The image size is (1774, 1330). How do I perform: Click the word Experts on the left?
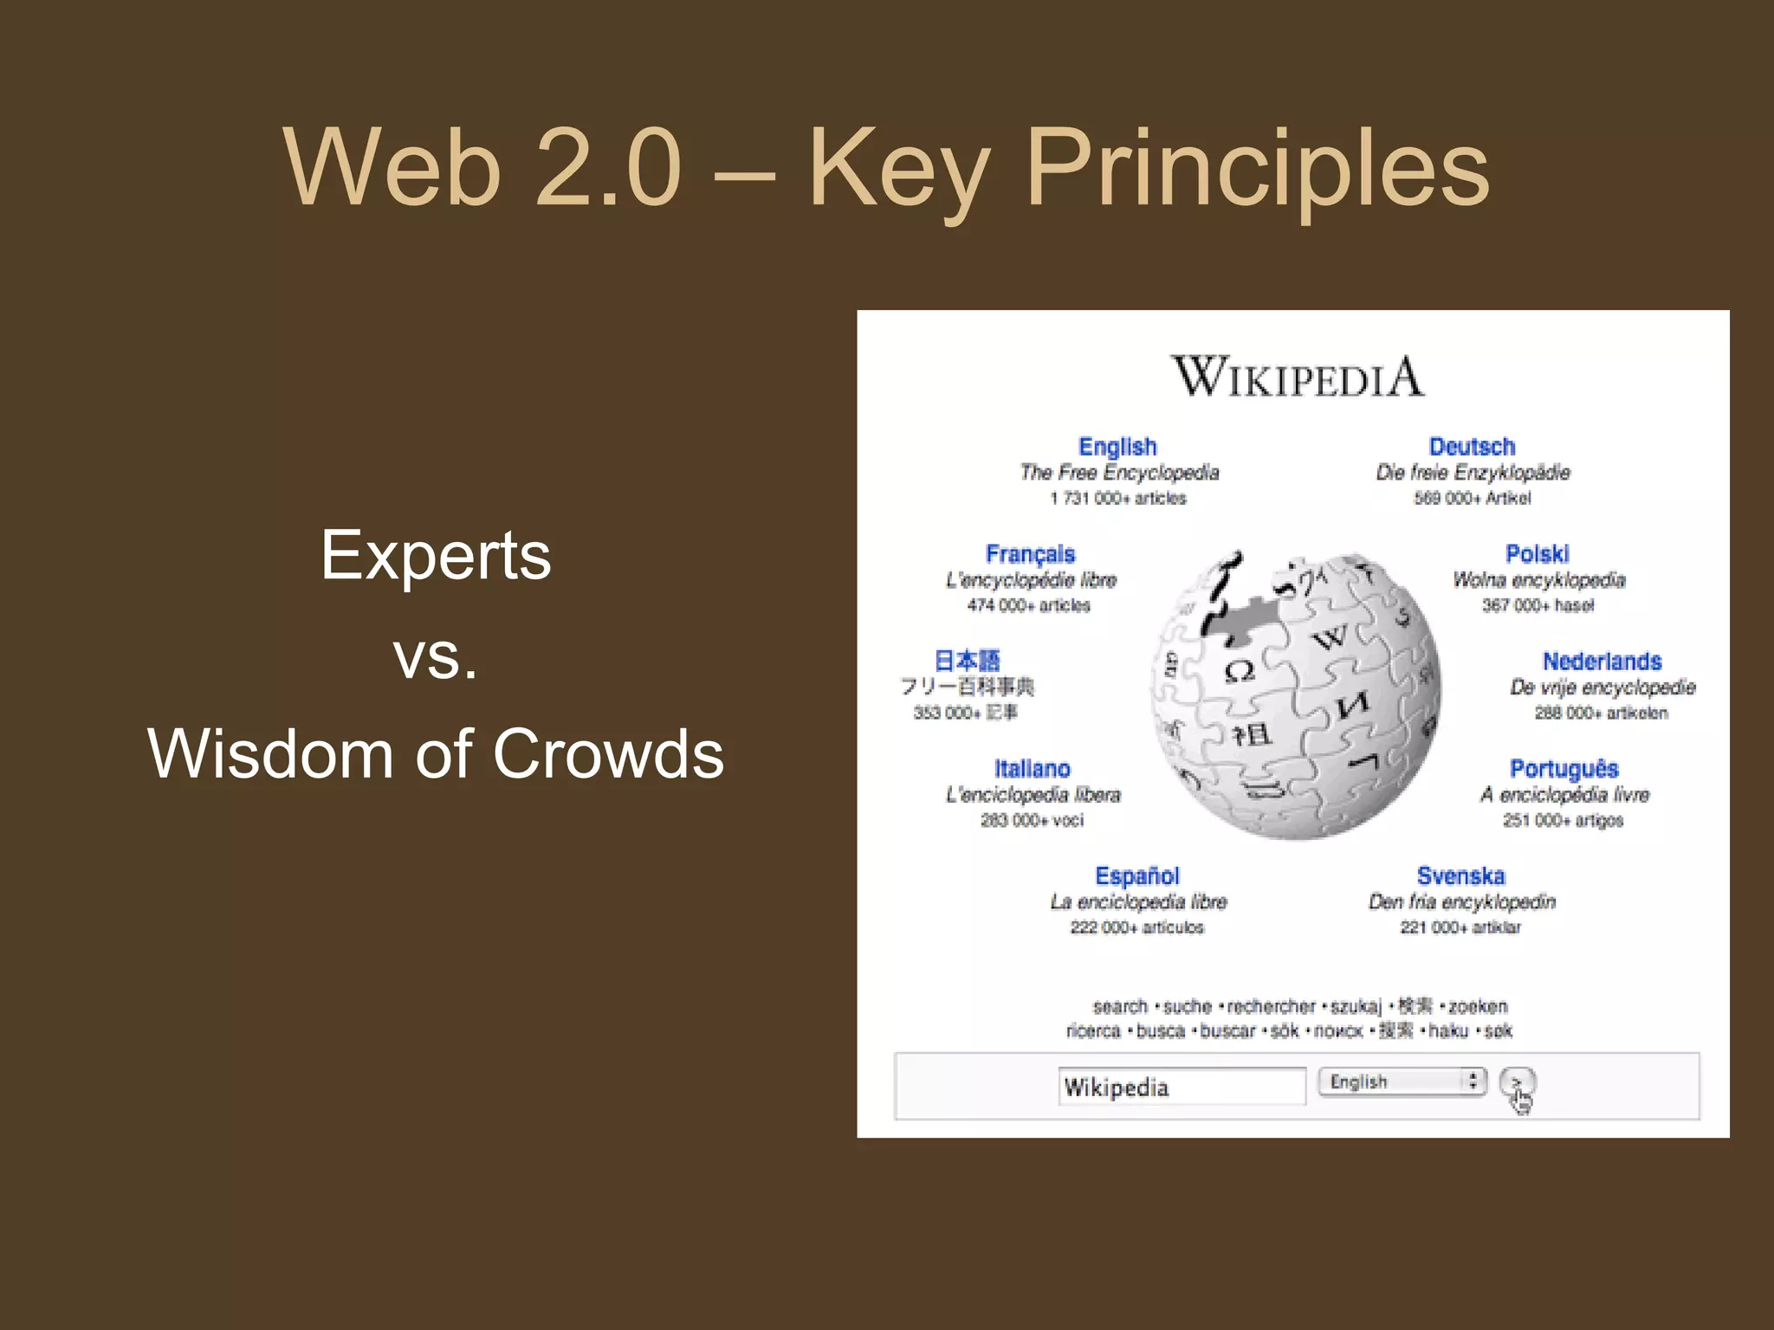[x=436, y=556]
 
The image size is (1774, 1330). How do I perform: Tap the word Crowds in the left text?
[x=608, y=753]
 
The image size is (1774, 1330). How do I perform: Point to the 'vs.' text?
[x=436, y=655]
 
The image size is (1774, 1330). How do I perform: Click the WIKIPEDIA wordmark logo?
[x=1297, y=378]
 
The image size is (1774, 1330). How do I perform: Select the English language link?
[x=1117, y=447]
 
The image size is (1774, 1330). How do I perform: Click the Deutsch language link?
[x=1472, y=447]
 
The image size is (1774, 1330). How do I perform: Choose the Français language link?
[x=1030, y=554]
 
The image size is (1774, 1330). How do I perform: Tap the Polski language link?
[x=1537, y=554]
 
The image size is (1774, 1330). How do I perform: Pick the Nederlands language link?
[x=1602, y=662]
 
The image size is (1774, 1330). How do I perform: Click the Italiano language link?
[x=1032, y=769]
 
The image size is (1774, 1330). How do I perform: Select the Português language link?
[x=1564, y=769]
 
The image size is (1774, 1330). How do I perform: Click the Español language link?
[x=1136, y=876]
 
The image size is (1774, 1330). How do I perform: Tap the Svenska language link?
[x=1460, y=876]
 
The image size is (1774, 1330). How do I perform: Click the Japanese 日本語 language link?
[x=967, y=662]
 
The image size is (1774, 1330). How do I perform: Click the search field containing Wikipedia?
[x=1181, y=1087]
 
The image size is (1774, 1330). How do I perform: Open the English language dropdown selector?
[x=1402, y=1081]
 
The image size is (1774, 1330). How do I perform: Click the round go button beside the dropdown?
[x=1517, y=1082]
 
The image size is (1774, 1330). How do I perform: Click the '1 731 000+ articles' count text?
[x=1117, y=499]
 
